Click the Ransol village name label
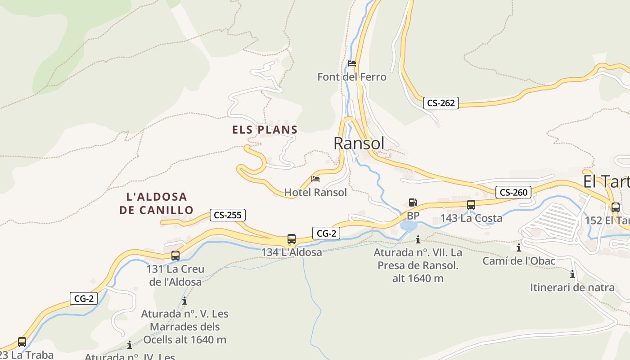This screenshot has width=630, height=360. click(x=359, y=143)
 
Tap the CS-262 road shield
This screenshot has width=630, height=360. click(x=441, y=103)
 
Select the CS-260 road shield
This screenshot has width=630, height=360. click(x=513, y=193)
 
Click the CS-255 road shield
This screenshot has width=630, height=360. click(x=228, y=215)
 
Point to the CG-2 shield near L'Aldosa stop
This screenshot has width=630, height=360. click(x=326, y=233)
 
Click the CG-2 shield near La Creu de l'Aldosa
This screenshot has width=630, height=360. click(x=84, y=298)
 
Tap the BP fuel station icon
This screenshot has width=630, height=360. click(x=413, y=202)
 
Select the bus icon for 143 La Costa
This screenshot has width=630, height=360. click(x=471, y=205)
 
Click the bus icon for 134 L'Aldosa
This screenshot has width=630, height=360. click(x=292, y=239)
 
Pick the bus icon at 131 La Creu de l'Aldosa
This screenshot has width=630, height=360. click(x=175, y=256)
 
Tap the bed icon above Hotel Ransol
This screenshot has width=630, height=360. click(x=315, y=179)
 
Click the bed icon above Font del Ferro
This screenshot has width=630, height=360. click(x=352, y=63)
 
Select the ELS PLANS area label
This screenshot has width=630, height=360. click(x=265, y=130)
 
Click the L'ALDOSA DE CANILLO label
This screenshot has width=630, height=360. click(x=157, y=203)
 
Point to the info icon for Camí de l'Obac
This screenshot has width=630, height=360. click(x=519, y=247)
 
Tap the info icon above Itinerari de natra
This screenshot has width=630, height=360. click(x=572, y=274)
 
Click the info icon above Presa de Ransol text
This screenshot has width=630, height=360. click(x=418, y=239)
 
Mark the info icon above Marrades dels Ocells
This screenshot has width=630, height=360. click(x=184, y=301)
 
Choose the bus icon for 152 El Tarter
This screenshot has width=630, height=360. click(x=615, y=207)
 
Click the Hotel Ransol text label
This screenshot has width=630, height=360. click(x=315, y=193)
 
